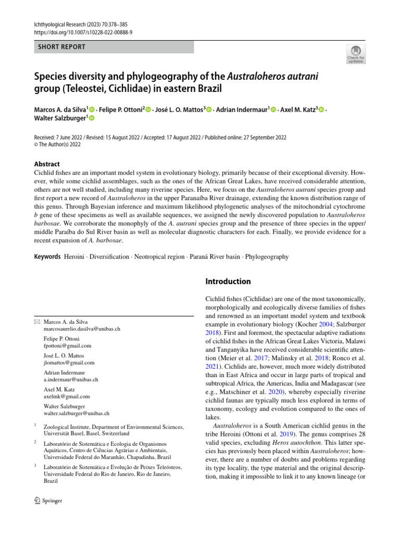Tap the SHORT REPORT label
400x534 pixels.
[61, 47]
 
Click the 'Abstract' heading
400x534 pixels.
[46, 164]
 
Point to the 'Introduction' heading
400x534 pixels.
[228, 282]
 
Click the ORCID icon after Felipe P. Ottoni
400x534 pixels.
[148, 110]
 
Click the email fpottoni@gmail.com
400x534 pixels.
[67, 346]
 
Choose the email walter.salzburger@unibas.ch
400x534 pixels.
[76, 413]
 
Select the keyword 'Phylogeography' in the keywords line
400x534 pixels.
[267, 257]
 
